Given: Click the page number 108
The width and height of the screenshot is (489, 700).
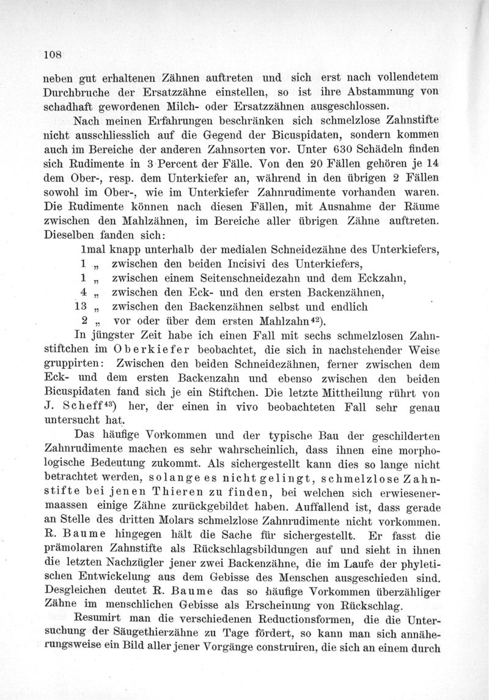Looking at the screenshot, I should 53,53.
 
